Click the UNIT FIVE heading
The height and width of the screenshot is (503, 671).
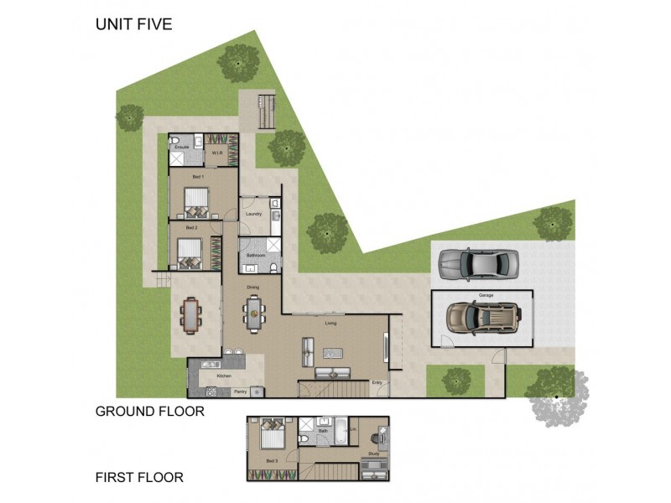click(133, 24)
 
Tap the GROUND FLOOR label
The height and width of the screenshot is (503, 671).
click(149, 411)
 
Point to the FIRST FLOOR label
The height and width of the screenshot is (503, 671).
click(139, 478)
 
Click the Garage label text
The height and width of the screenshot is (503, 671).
click(486, 296)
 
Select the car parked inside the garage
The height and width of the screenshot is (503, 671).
click(484, 317)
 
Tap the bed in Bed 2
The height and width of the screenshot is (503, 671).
click(190, 252)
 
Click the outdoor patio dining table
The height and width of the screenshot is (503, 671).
click(191, 316)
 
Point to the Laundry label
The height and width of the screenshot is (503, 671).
click(253, 214)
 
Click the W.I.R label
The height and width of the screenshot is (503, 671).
click(216, 153)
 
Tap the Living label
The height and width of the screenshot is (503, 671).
click(331, 322)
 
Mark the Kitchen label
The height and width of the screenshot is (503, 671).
click(223, 376)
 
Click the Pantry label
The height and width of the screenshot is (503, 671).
click(240, 391)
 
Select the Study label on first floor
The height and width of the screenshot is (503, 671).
click(374, 454)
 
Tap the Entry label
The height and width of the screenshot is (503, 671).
click(377, 383)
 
